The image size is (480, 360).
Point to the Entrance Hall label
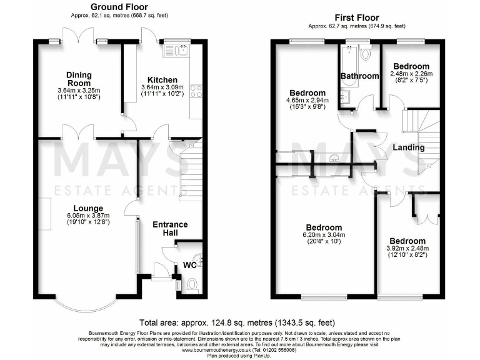[169, 229]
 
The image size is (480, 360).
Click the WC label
[189, 266]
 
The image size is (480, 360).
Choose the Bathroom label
[359, 76]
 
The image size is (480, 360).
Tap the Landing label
[409, 147]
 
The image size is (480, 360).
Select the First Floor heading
[356, 17]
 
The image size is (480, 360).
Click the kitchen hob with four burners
[196, 92]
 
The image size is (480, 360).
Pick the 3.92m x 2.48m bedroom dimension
[407, 249]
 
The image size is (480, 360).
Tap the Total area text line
[239, 323]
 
